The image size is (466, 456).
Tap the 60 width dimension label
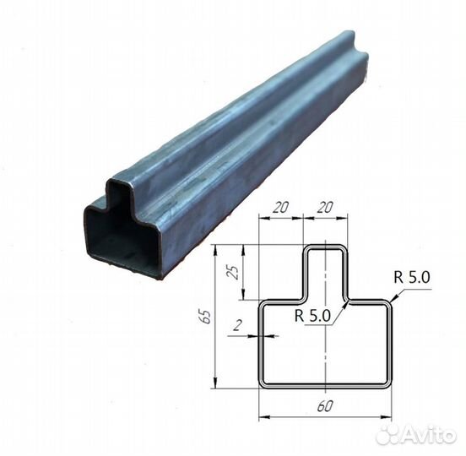(325, 406)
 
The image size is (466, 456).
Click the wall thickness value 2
(237, 326)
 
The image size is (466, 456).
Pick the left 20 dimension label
(280, 207)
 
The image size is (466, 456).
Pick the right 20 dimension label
(325, 207)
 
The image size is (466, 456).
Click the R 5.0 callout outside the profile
(412, 278)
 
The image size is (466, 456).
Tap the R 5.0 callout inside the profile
(312, 316)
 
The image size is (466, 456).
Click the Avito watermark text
(429, 436)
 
